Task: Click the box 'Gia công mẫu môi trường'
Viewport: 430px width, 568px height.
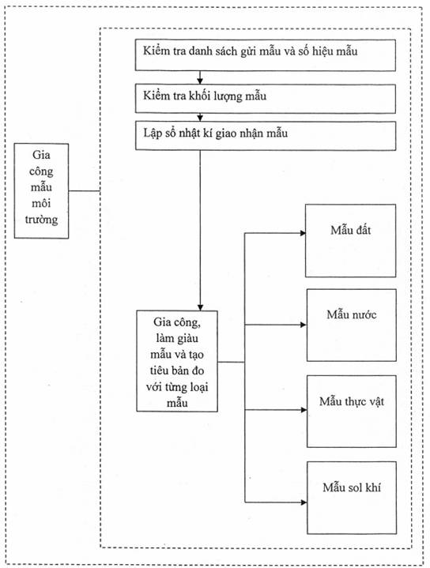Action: pos(41,191)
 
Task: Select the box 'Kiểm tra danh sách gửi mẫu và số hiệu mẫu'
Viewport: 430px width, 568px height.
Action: pos(266,55)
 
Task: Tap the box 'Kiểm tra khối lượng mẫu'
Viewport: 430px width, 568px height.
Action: pos(266,99)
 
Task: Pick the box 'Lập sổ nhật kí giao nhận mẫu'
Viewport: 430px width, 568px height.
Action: pos(266,135)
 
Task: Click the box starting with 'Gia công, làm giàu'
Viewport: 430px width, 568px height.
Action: pos(177,361)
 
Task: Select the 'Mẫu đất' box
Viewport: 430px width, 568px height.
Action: pos(351,240)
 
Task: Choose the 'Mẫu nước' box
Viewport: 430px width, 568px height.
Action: pos(351,325)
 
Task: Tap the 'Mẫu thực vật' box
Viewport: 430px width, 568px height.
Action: pos(351,411)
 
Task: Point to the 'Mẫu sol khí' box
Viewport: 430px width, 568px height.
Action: pos(352,498)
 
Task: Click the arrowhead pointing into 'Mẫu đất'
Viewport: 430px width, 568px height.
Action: pos(303,233)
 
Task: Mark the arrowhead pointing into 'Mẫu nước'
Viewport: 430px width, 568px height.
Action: pos(304,325)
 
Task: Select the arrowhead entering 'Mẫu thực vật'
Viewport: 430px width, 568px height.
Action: pos(304,410)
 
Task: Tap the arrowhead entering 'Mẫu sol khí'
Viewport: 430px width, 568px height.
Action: pos(304,502)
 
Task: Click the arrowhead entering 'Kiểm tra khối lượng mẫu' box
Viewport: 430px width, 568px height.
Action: pos(200,81)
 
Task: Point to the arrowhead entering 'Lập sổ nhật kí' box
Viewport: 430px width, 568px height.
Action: pos(200,118)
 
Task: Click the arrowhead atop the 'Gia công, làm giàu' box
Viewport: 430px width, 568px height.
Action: pos(200,307)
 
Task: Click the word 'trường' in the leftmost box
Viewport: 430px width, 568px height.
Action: pos(41,220)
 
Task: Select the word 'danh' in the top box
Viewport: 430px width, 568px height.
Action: pos(201,51)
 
